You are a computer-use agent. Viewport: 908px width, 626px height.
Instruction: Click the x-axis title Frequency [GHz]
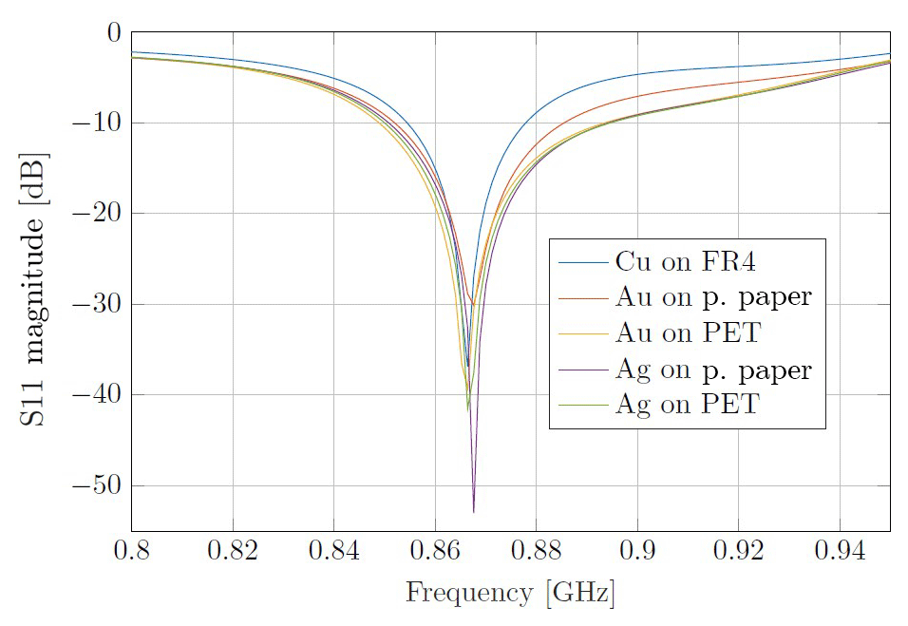click(510, 594)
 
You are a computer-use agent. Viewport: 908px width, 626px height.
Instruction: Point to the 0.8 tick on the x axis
click(131, 551)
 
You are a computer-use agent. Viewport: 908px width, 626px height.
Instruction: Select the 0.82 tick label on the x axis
click(232, 551)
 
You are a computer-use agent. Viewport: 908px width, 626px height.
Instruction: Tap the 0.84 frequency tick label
click(333, 551)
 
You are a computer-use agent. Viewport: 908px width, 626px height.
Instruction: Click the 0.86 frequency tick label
click(434, 551)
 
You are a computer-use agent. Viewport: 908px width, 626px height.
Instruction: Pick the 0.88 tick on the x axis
click(536, 551)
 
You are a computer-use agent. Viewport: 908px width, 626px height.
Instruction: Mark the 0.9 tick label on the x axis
click(637, 551)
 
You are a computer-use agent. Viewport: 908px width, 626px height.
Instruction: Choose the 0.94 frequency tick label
click(840, 551)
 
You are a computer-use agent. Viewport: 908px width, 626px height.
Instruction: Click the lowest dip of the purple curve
click(473, 512)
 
